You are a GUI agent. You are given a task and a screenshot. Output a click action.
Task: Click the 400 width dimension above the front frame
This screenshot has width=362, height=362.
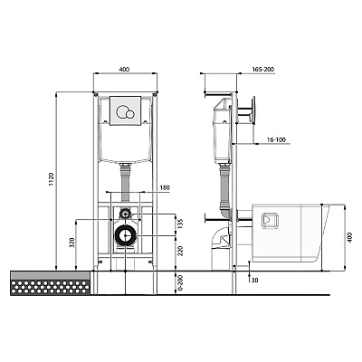(124, 69)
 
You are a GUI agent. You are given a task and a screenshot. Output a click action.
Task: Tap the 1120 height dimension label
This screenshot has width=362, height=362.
(51, 179)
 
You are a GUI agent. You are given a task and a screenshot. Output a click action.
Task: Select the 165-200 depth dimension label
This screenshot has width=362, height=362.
(263, 70)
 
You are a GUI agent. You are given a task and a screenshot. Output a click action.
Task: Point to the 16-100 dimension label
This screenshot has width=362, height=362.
(276, 139)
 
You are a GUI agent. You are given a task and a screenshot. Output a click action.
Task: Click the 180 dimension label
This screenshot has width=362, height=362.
(165, 187)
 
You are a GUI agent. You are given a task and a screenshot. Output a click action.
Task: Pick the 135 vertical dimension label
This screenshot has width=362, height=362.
(181, 224)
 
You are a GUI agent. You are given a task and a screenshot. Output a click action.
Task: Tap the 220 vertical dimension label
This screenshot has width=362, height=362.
(181, 251)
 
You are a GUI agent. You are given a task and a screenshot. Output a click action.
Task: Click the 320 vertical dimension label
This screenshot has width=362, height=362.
(71, 243)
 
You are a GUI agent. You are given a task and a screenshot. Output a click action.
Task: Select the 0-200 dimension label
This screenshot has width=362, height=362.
(181, 282)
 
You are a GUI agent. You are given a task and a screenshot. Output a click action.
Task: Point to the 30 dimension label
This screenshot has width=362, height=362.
(254, 280)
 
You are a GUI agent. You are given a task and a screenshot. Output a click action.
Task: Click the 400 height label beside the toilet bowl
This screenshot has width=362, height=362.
(349, 237)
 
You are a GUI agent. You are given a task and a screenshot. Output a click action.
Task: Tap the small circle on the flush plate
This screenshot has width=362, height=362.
(130, 114)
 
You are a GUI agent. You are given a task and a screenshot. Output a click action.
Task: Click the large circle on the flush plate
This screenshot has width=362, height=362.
(122, 111)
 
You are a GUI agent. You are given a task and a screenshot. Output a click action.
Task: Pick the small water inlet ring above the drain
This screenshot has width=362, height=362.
(125, 214)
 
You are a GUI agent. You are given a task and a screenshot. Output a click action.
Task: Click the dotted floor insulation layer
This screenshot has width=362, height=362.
(50, 288)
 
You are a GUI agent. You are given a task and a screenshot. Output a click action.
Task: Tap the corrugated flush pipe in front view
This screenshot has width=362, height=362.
(125, 183)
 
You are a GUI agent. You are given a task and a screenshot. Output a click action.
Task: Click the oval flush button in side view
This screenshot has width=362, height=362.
(254, 110)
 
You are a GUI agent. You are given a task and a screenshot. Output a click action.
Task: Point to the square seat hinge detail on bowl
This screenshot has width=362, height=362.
(271, 221)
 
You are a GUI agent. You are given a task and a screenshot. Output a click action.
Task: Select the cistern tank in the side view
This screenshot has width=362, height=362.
(223, 130)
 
